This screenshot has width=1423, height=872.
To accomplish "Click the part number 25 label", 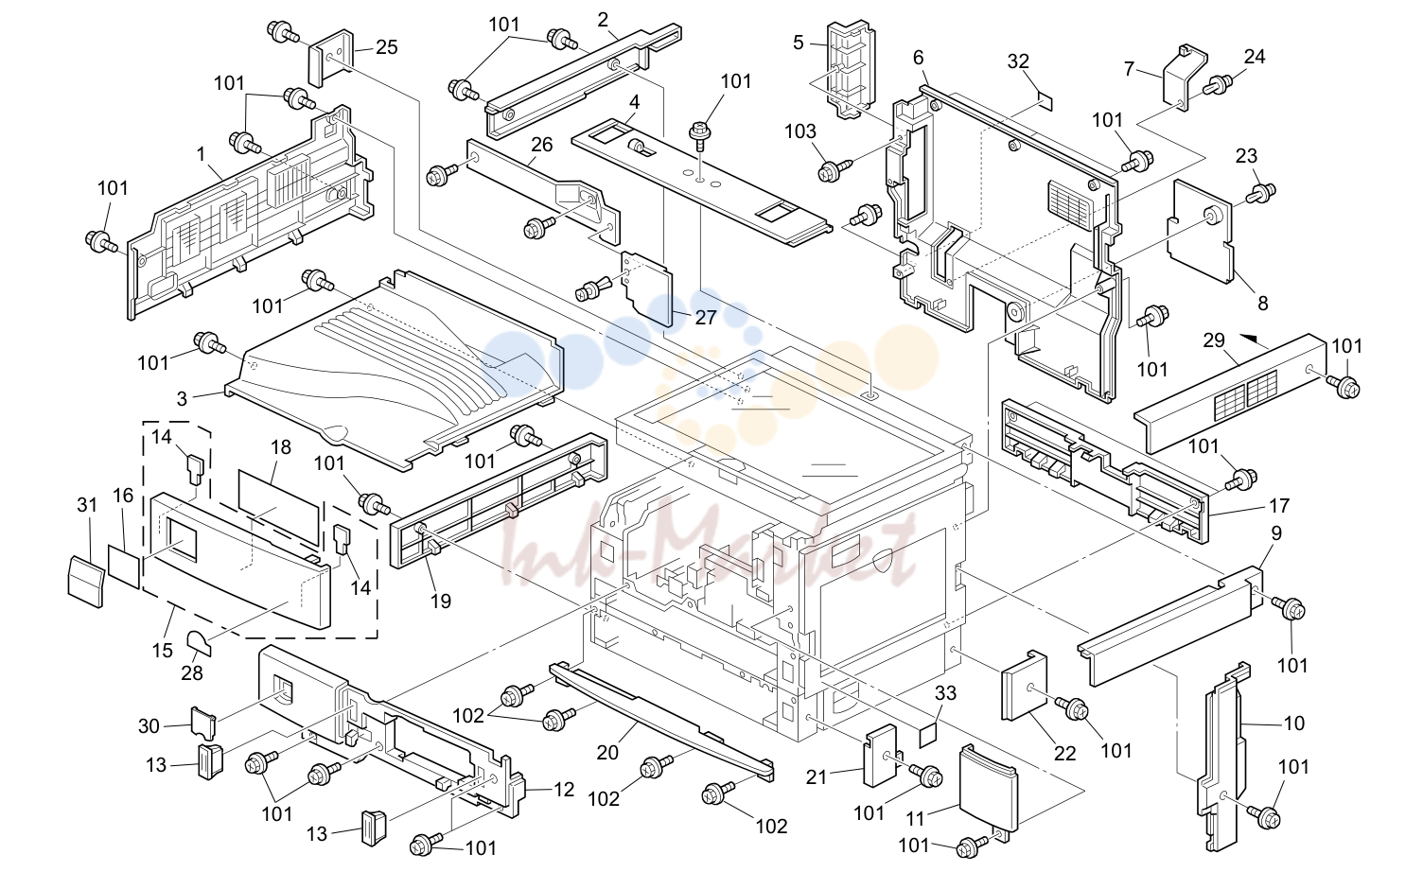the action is [x=386, y=47].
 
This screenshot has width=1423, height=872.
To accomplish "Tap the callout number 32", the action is [x=1018, y=61].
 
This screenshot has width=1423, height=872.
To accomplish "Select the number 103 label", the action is [x=799, y=131].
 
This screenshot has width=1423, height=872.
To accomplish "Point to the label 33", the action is [x=945, y=693].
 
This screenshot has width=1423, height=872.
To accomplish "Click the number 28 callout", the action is [x=192, y=672].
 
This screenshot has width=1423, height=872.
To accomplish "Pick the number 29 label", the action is [x=1213, y=340].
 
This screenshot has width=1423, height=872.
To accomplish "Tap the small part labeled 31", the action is [x=85, y=582].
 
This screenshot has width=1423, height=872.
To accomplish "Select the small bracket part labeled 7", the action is [x=1185, y=77].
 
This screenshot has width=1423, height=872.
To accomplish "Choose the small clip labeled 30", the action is [x=204, y=724].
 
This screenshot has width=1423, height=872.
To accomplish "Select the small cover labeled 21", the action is [x=880, y=756].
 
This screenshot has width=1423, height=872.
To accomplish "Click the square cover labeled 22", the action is [x=1025, y=686].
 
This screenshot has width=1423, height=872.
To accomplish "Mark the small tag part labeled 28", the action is [x=200, y=643].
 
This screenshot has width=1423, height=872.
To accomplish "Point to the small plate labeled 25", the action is [x=331, y=58].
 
